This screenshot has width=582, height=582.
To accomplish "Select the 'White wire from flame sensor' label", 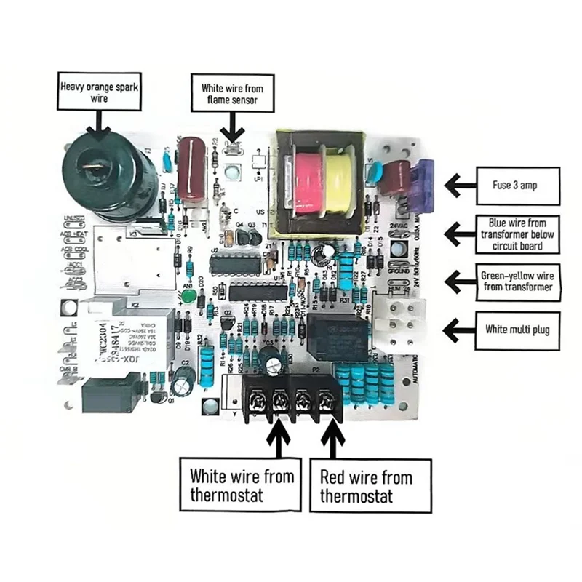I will (x=232, y=93).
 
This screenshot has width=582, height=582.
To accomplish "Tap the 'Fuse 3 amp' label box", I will (x=517, y=185).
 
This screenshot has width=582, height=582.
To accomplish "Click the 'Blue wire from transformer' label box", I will (x=517, y=234).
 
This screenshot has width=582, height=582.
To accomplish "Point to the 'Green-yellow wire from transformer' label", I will (x=517, y=282).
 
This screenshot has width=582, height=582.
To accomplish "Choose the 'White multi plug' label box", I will (x=517, y=329).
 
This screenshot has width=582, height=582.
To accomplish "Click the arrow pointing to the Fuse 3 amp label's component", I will (x=461, y=185).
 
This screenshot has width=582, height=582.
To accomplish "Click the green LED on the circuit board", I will (x=188, y=295).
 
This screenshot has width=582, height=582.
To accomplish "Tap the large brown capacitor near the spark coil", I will (x=192, y=170).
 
